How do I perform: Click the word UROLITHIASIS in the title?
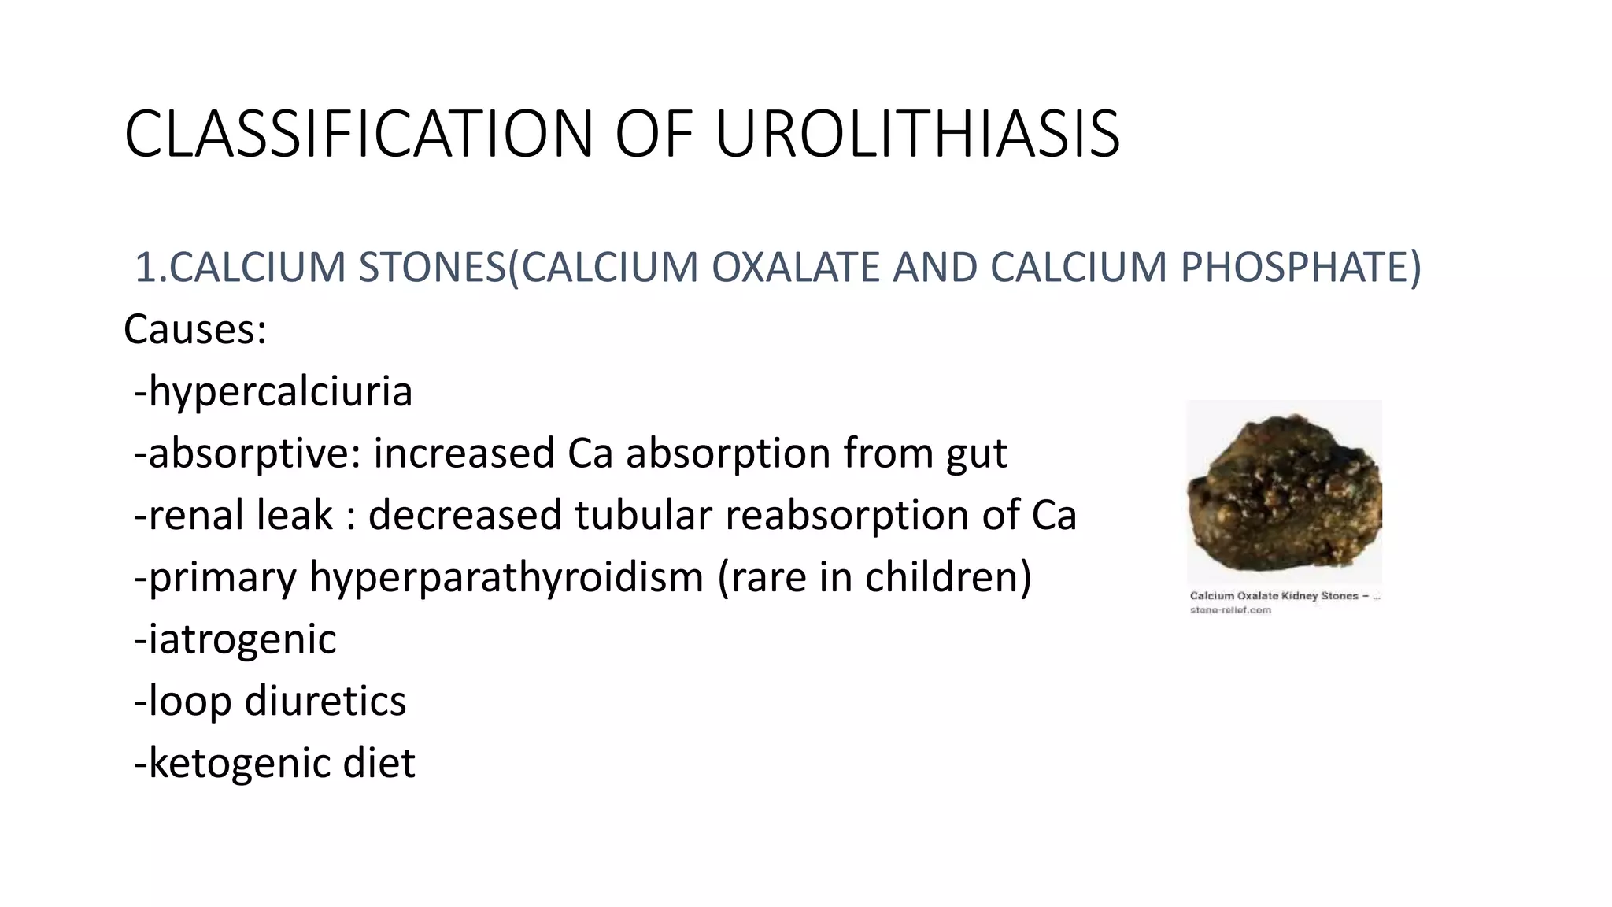[x=917, y=134]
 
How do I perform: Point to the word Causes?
[x=195, y=329]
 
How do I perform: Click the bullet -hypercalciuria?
[x=273, y=391]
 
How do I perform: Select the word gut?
[x=976, y=454]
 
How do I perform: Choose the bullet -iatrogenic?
[x=235, y=639]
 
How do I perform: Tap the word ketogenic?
[x=239, y=764]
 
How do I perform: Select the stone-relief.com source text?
[x=1230, y=610]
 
